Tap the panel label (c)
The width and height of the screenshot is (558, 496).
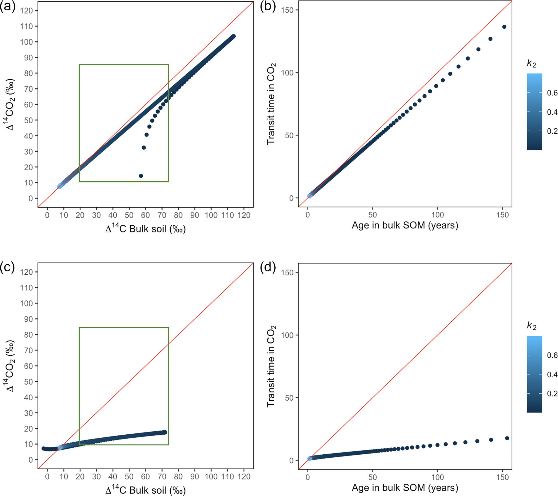(8, 268)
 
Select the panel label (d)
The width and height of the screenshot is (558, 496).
(268, 268)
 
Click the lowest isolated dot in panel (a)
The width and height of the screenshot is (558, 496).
(141, 176)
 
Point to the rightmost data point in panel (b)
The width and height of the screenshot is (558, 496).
(504, 27)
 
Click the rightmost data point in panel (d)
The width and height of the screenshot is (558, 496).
(507, 438)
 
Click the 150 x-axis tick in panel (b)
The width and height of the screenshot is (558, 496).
(503, 215)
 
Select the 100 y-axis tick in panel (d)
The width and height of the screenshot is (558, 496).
(288, 335)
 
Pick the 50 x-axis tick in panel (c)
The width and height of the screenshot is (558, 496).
(129, 477)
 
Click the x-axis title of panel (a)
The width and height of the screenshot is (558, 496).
(146, 229)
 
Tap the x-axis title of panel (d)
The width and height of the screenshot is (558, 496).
(405, 488)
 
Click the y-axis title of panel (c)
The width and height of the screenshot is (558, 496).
(10, 366)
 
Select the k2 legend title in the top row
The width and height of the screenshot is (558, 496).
(532, 64)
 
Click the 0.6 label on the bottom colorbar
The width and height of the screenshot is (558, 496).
(552, 355)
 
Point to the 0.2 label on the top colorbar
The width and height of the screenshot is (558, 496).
(552, 131)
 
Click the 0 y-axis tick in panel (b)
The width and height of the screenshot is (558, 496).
(291, 198)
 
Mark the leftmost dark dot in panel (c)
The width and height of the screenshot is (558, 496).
(43, 448)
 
